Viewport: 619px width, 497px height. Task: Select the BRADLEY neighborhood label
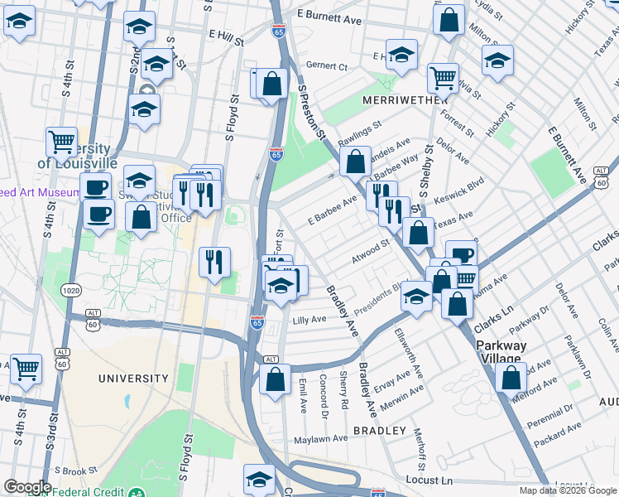pyautogui.click(x=380, y=431)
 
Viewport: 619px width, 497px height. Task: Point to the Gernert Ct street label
pyautogui.click(x=326, y=66)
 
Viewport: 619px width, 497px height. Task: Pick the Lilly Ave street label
pyautogui.click(x=309, y=319)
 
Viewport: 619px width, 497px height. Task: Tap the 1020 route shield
pyautogui.click(x=71, y=290)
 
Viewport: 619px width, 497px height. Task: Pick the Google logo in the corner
pyautogui.click(x=27, y=487)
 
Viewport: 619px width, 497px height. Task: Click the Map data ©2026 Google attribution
pyautogui.click(x=568, y=490)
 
